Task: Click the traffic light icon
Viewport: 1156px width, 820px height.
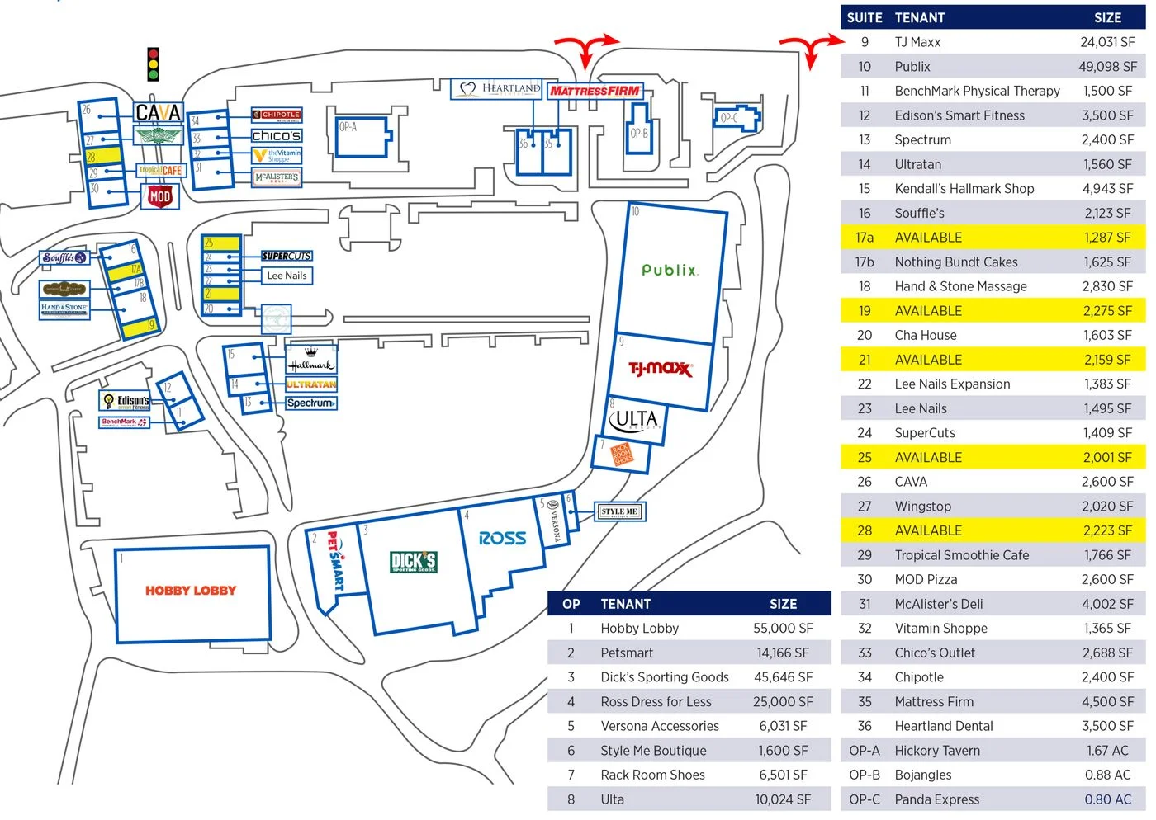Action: point(153,64)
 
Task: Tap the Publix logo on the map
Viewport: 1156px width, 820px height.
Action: point(670,270)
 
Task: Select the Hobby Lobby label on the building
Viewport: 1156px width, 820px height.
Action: point(191,591)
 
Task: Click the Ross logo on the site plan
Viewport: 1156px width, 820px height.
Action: point(502,539)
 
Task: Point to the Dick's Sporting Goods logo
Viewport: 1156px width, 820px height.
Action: point(414,562)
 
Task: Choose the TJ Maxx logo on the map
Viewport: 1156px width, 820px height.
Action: point(661,368)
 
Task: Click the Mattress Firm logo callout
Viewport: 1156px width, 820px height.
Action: point(595,91)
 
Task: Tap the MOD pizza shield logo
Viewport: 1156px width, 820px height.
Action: point(159,196)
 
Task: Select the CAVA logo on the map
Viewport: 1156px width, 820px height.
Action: point(158,112)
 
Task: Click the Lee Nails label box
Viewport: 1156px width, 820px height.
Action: point(287,276)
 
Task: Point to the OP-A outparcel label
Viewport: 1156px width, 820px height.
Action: point(348,127)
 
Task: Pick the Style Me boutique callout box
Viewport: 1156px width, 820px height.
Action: point(619,511)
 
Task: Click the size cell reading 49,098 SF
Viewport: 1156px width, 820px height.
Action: point(1107,67)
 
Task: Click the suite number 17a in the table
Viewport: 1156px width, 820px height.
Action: point(865,238)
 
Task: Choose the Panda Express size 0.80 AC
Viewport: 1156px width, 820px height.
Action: point(1108,799)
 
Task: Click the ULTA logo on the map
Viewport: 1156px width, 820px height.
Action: point(635,421)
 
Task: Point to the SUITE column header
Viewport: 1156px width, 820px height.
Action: point(865,18)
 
